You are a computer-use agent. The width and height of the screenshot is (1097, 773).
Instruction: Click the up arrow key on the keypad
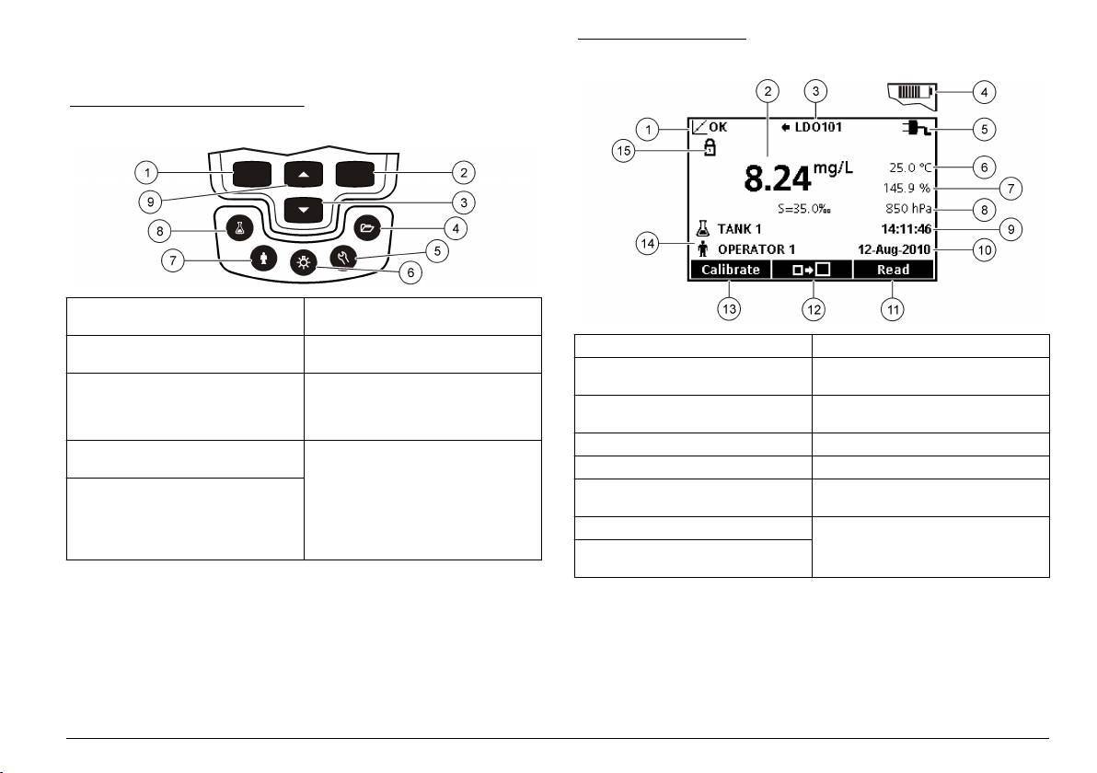[x=304, y=174]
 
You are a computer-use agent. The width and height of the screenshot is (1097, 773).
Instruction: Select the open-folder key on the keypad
[x=367, y=227]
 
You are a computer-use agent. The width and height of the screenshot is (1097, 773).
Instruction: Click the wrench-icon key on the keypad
[x=342, y=257]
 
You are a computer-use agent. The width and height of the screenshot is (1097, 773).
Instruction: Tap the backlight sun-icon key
[x=304, y=262]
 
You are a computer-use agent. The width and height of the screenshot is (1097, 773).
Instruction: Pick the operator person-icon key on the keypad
[x=264, y=258]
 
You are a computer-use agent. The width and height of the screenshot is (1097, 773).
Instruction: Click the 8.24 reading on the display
[x=778, y=179]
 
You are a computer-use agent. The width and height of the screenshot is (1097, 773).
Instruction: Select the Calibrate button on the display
[x=731, y=270]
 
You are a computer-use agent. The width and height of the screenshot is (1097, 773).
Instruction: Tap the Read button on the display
[x=894, y=270]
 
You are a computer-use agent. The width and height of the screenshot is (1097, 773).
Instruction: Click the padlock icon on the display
[x=710, y=147]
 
